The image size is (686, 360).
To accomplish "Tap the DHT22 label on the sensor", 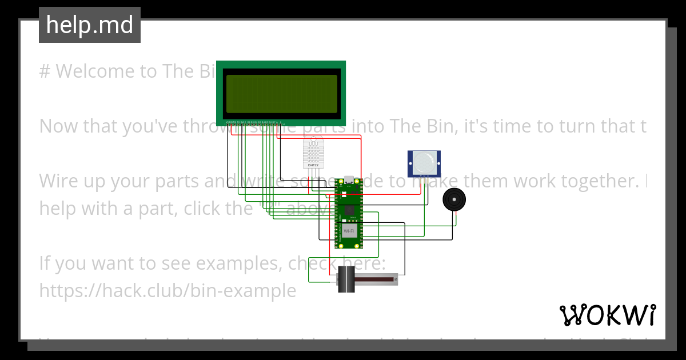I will pos(313,165).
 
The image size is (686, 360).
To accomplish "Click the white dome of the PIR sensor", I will pos(424,162).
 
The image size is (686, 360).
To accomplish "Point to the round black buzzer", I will pos(454,199).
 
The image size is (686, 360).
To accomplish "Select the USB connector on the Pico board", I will pos(349,182).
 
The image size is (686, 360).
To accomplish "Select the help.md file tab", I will pos(90,25).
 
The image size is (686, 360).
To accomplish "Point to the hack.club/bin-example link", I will pos(167,291).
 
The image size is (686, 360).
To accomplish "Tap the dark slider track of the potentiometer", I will pos(374,279).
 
